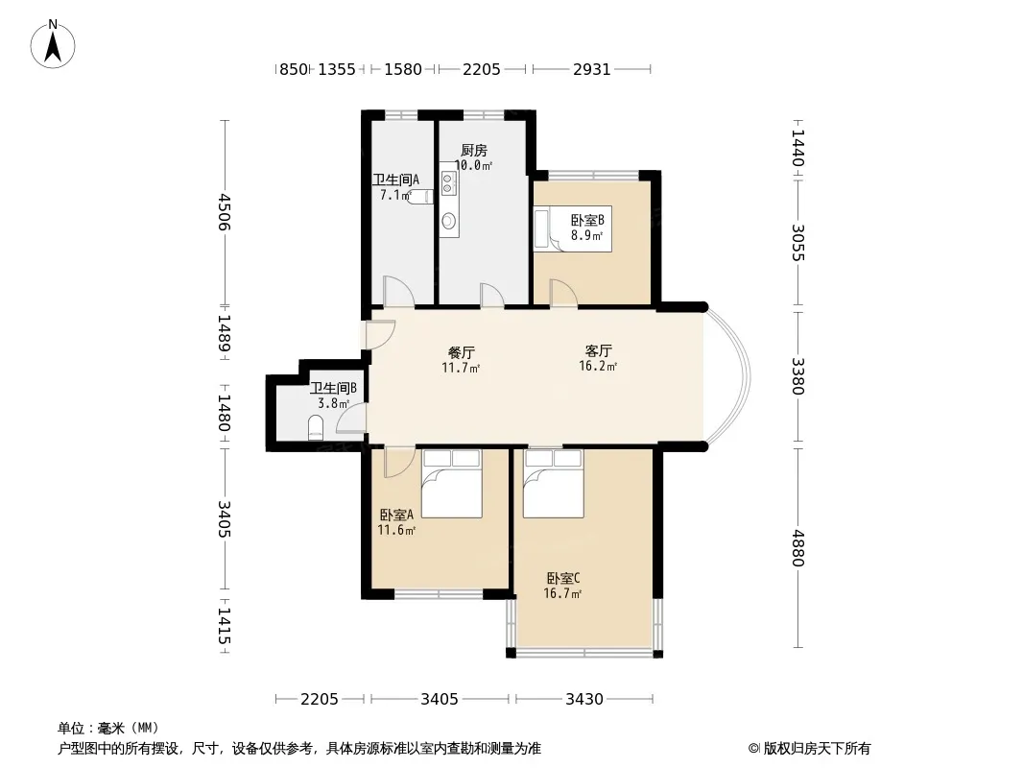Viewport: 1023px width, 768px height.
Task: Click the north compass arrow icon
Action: [x=53, y=44]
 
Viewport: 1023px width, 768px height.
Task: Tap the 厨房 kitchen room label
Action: [x=474, y=151]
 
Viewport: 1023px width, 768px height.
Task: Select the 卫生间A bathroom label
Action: [x=395, y=180]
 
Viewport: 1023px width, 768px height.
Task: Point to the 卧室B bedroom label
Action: [x=587, y=220]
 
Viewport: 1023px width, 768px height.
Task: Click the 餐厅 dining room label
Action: [x=462, y=353]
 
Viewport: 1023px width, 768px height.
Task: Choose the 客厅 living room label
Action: [x=598, y=351]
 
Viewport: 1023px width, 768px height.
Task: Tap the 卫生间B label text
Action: [x=333, y=388]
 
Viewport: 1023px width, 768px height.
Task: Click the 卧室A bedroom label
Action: [x=396, y=515]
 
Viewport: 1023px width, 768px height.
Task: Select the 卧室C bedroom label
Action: [x=563, y=578]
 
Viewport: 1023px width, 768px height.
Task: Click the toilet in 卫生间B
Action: [x=316, y=427]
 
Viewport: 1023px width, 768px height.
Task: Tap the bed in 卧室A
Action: [x=451, y=484]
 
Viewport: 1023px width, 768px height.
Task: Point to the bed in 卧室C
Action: [x=554, y=484]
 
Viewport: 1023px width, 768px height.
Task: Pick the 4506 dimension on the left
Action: [x=225, y=212]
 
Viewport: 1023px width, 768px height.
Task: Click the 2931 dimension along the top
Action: [x=592, y=69]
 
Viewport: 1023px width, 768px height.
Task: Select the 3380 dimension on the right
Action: [x=797, y=376]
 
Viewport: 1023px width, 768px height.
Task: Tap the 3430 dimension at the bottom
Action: [x=583, y=700]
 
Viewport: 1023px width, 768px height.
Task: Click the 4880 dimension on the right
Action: [x=797, y=548]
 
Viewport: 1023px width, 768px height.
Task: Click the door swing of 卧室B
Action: [x=562, y=292]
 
